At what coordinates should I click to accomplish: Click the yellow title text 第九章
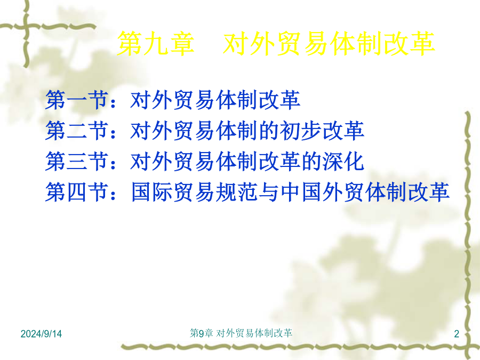pyautogui.click(x=156, y=44)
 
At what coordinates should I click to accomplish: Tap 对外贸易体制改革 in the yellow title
pyautogui.click(x=329, y=44)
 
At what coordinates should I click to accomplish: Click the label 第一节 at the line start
pyautogui.click(x=77, y=100)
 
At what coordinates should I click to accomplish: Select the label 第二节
pyautogui.click(x=77, y=131)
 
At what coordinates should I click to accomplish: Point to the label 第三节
pyautogui.click(x=77, y=161)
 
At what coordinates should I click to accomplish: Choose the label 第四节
pyautogui.click(x=77, y=192)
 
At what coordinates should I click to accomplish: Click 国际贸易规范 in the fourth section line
pyautogui.click(x=195, y=192)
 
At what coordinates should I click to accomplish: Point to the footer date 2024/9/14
pyautogui.click(x=41, y=334)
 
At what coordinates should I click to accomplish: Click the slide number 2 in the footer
pyautogui.click(x=457, y=334)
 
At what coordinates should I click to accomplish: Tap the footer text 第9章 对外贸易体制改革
pyautogui.click(x=241, y=333)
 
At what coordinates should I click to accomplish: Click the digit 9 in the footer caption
pyautogui.click(x=202, y=333)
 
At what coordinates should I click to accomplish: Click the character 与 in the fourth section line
pyautogui.click(x=269, y=192)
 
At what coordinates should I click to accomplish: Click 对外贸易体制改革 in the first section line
pyautogui.click(x=215, y=100)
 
